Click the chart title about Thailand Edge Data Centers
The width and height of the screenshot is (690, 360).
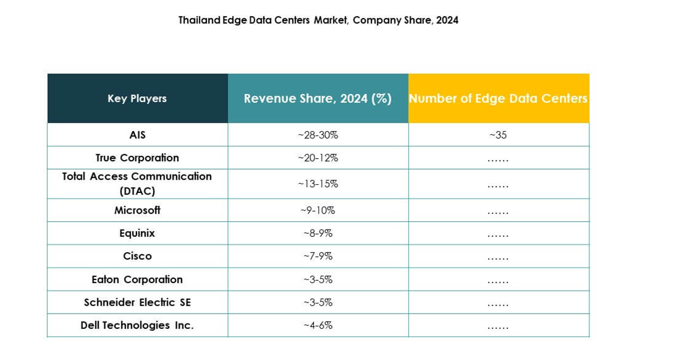click(x=318, y=20)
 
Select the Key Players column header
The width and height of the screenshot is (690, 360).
click(x=137, y=98)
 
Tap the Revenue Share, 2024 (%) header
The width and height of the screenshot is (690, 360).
click(x=318, y=98)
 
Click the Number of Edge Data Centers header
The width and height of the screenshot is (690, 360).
click(x=498, y=98)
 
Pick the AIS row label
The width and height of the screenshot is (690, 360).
click(x=137, y=135)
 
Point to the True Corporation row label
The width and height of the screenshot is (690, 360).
click(x=137, y=158)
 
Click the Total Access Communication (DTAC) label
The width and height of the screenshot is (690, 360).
click(x=137, y=184)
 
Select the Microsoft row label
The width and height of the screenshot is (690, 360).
click(x=137, y=210)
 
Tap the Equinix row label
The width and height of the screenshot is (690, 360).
click(x=137, y=233)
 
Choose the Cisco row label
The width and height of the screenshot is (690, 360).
click(x=137, y=256)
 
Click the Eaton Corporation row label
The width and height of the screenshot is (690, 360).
click(x=137, y=279)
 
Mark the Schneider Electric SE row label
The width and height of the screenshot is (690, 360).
click(x=137, y=303)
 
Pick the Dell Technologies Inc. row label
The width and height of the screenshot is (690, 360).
click(x=137, y=326)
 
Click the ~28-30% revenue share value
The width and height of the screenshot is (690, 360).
click(x=318, y=135)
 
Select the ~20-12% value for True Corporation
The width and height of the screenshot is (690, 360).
click(x=318, y=158)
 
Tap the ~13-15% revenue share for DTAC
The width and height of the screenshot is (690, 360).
click(x=318, y=184)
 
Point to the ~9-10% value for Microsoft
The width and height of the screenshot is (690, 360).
click(x=318, y=210)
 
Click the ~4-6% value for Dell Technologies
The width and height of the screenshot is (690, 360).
click(x=318, y=326)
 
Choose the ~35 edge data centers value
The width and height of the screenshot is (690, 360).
click(x=498, y=135)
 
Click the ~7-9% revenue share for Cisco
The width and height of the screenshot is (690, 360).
click(x=318, y=256)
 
